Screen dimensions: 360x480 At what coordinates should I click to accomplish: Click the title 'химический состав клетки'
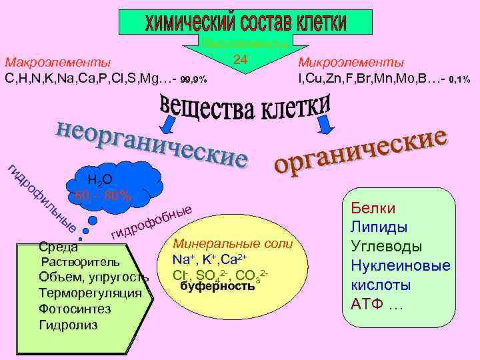click(x=246, y=23)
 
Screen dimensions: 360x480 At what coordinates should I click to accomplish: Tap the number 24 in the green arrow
click(x=241, y=60)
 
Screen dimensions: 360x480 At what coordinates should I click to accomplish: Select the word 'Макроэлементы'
click(x=58, y=63)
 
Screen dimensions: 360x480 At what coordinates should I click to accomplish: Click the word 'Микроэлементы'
click(x=351, y=63)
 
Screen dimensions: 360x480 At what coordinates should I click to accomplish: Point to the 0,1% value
click(x=460, y=79)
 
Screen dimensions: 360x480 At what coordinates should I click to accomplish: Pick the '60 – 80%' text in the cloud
click(x=103, y=197)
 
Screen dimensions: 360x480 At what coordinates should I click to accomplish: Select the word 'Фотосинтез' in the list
click(x=75, y=309)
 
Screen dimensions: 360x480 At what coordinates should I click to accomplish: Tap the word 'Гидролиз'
click(x=68, y=325)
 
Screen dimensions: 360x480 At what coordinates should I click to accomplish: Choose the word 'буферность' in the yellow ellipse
click(x=218, y=287)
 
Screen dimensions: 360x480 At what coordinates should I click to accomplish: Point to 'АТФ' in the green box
click(x=367, y=305)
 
